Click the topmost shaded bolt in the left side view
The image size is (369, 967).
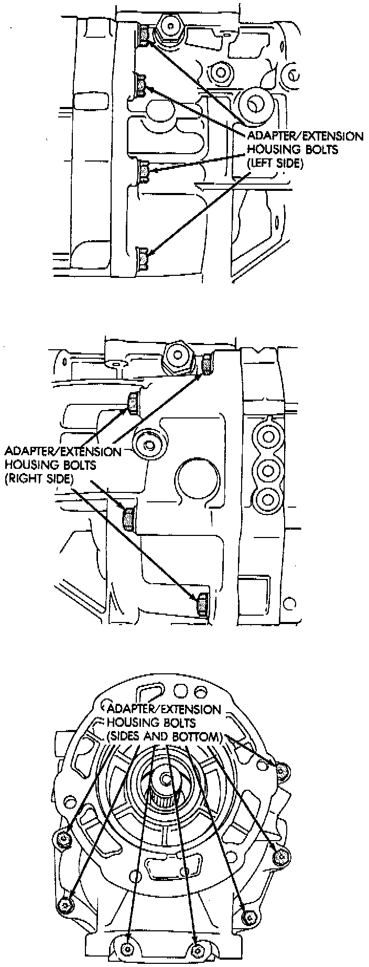(x=145, y=35)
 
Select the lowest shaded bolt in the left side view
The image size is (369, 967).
(x=142, y=259)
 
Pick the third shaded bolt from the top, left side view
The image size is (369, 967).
(x=144, y=171)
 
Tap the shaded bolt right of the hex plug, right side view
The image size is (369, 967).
(x=208, y=364)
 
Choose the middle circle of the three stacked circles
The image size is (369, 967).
(x=267, y=467)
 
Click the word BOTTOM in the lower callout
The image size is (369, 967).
(x=194, y=736)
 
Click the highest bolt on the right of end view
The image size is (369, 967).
(x=283, y=770)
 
